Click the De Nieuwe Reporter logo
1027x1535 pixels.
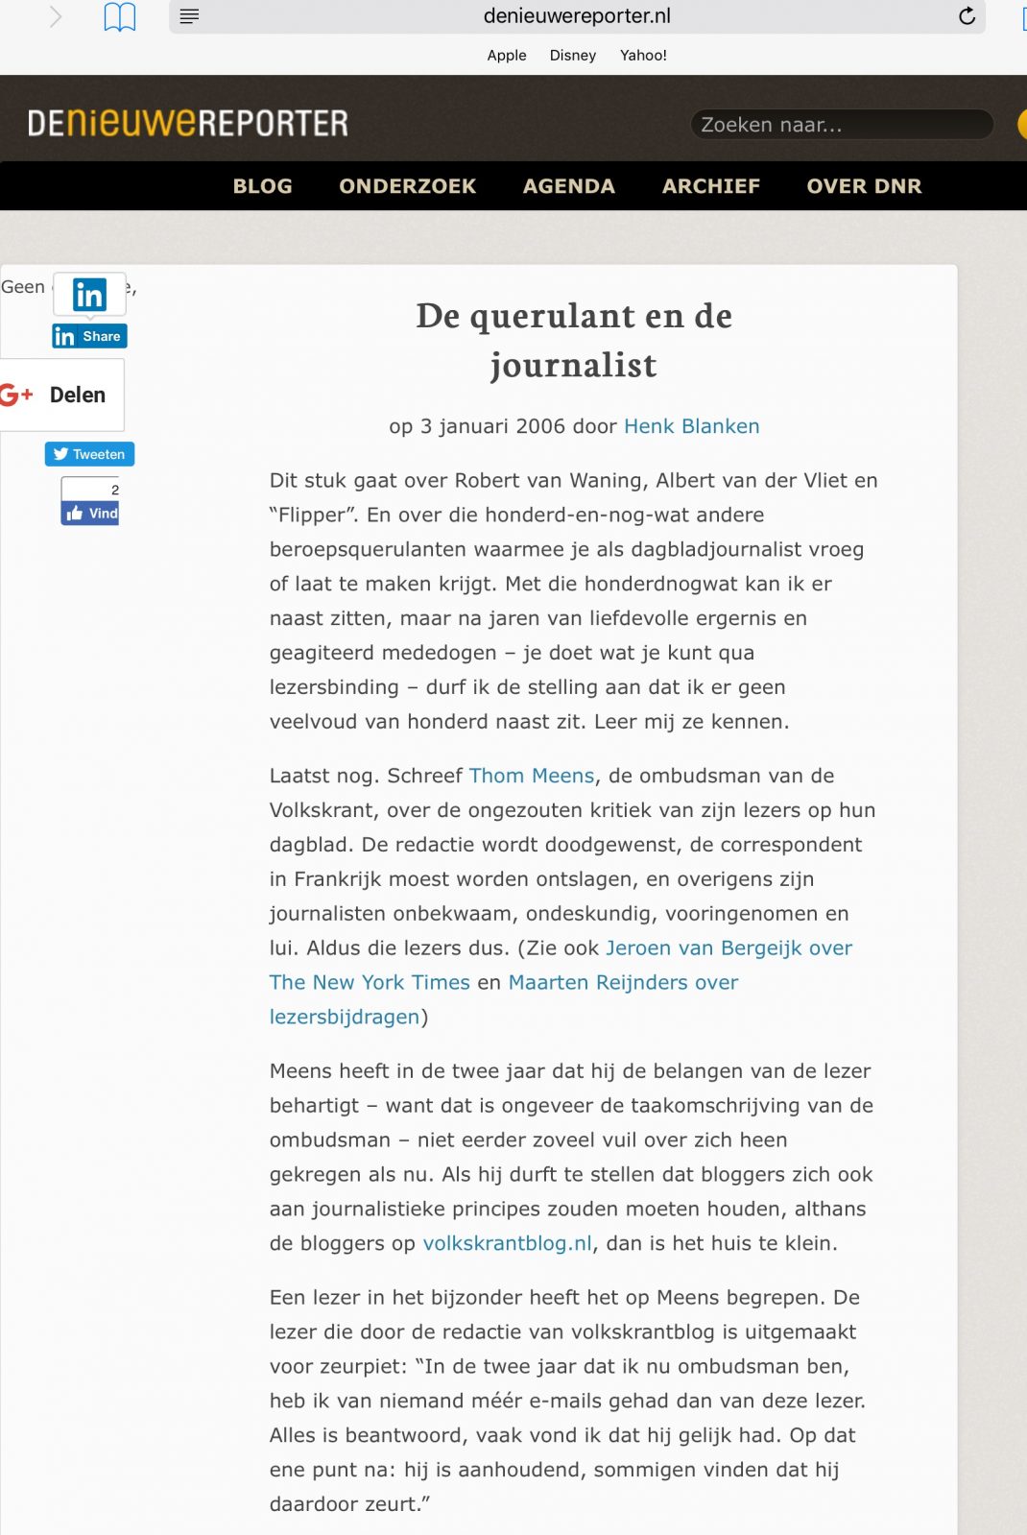click(188, 123)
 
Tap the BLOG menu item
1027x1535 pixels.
click(262, 186)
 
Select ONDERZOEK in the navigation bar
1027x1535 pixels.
click(407, 186)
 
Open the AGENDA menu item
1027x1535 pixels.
click(568, 186)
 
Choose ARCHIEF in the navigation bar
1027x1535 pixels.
click(710, 186)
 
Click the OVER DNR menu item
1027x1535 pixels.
click(864, 186)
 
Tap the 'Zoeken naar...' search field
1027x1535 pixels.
click(840, 125)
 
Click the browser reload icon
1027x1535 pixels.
click(967, 16)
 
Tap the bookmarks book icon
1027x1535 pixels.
click(120, 17)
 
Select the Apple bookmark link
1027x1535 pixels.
click(507, 56)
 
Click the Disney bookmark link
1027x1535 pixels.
click(573, 56)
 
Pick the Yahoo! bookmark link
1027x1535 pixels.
click(643, 56)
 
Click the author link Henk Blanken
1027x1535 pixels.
click(691, 426)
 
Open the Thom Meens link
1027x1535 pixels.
click(532, 776)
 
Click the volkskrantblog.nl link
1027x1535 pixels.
click(507, 1243)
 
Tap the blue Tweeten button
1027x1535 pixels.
click(89, 454)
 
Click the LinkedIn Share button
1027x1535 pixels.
click(89, 336)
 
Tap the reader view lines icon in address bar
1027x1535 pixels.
click(189, 16)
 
